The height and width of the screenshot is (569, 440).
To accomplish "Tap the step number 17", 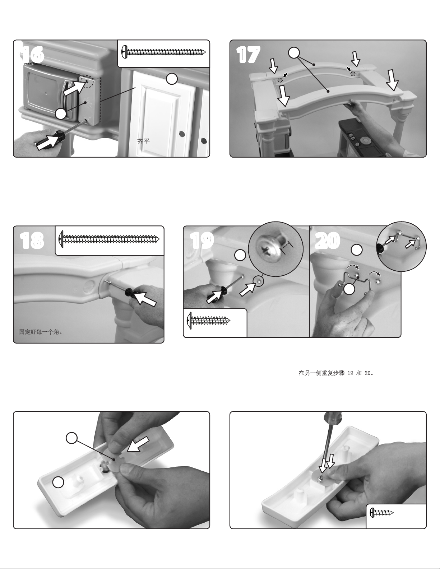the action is pos(248,55).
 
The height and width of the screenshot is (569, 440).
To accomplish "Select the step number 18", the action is pos(32,241).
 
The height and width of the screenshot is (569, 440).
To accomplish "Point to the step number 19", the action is pos(202,241).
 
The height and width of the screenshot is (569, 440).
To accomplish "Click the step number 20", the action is pos(328,241).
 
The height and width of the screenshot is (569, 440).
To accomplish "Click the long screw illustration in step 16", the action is pos(164,52).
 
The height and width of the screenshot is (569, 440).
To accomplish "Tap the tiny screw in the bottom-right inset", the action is pos(381,512).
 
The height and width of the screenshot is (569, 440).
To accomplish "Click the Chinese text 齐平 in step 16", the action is pos(143,142).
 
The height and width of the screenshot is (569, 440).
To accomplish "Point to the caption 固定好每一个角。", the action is pos(41,332).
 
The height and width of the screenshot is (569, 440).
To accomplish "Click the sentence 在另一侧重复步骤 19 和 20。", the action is pos(336,373).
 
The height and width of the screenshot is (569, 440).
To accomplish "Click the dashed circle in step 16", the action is pos(87,82).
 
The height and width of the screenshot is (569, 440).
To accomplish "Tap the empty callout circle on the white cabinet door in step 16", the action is pos(172,79).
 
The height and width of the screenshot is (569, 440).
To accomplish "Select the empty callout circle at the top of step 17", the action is pos(294,53).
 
